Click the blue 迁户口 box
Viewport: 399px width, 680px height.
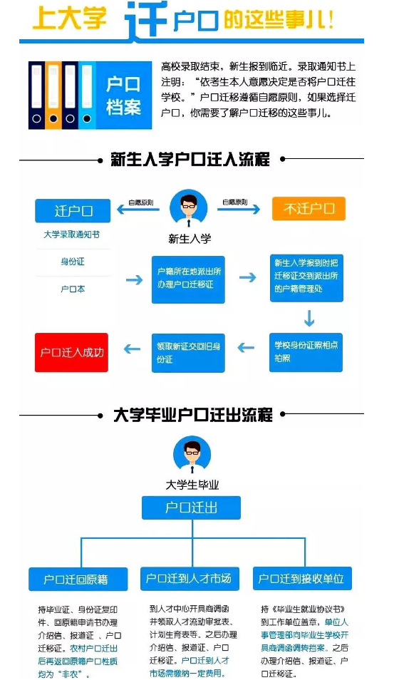(x=73, y=211)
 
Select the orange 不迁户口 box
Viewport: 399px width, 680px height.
(x=309, y=209)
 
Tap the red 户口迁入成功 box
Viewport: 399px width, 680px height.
(x=71, y=352)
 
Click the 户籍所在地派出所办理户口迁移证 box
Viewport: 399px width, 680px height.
(x=188, y=279)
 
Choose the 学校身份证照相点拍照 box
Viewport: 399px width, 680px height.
(x=306, y=352)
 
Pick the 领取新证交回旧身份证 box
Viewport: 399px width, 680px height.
(x=188, y=353)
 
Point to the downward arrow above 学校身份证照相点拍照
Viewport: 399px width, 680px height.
(x=309, y=318)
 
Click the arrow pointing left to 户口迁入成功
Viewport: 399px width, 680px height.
(x=132, y=349)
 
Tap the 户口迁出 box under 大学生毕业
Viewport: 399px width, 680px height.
(x=191, y=508)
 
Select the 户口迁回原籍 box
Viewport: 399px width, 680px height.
(x=78, y=579)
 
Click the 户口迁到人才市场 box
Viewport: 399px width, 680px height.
(x=190, y=579)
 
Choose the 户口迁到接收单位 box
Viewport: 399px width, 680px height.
(x=302, y=579)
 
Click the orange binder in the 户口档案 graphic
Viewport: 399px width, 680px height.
(x=53, y=96)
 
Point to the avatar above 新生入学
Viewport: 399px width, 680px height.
(x=189, y=208)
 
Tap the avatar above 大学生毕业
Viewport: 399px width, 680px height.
(x=192, y=455)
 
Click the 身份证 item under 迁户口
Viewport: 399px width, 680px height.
(x=73, y=262)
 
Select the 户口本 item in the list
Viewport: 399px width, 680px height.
(x=73, y=289)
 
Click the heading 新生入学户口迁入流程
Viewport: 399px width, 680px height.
(x=190, y=159)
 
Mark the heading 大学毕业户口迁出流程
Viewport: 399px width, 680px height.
(x=192, y=415)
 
